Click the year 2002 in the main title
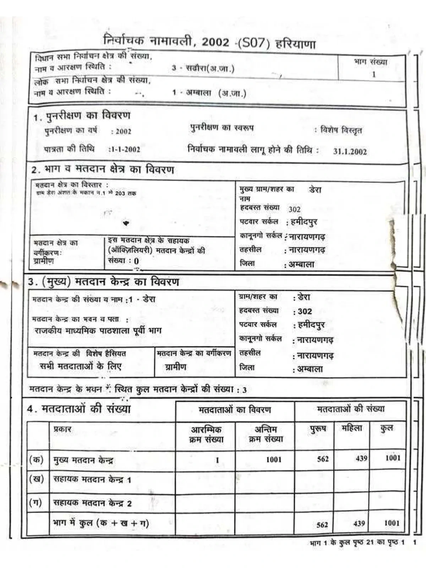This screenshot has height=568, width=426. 215,42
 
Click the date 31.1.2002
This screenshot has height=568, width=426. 350,151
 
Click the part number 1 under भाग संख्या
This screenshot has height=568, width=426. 373,75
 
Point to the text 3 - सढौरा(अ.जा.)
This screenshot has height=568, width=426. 203,68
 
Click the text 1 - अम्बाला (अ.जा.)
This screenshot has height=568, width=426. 209,93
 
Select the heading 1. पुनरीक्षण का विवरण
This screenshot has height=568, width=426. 82,116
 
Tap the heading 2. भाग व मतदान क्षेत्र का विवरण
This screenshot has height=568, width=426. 103,170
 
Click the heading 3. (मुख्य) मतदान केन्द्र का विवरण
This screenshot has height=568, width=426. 103,282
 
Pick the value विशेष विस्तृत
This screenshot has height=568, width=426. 341,130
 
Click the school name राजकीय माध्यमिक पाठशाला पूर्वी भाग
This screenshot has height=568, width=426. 98,331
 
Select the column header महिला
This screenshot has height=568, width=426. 352,428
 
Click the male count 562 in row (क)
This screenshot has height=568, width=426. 323,459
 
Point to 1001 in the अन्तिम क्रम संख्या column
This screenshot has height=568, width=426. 274,460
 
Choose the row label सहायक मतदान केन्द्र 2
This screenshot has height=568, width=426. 92,503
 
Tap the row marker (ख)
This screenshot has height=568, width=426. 36,479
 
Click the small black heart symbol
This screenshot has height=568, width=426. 126,223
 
